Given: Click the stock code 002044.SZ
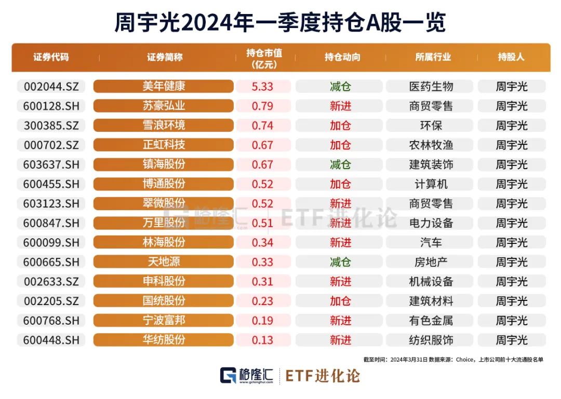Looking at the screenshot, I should pos(51,87).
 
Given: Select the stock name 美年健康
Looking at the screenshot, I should pos(164,87).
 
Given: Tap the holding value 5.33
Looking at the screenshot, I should pos(262,87).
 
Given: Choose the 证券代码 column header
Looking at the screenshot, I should pos(51,58).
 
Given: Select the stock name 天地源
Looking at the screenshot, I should pos(164,262).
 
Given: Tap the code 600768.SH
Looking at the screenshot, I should pos(51,321).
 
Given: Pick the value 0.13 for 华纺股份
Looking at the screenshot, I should pos(262,340).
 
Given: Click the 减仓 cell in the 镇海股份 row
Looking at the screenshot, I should pos(341,164).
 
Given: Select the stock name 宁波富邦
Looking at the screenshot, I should pos(164,321).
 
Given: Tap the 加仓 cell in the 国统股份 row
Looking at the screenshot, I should pos(341,301).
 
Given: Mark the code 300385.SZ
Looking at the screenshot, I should pos(51,126).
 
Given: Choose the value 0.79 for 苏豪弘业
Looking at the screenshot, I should pos(262,106).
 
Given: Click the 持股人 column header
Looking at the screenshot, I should pos(511,58).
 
